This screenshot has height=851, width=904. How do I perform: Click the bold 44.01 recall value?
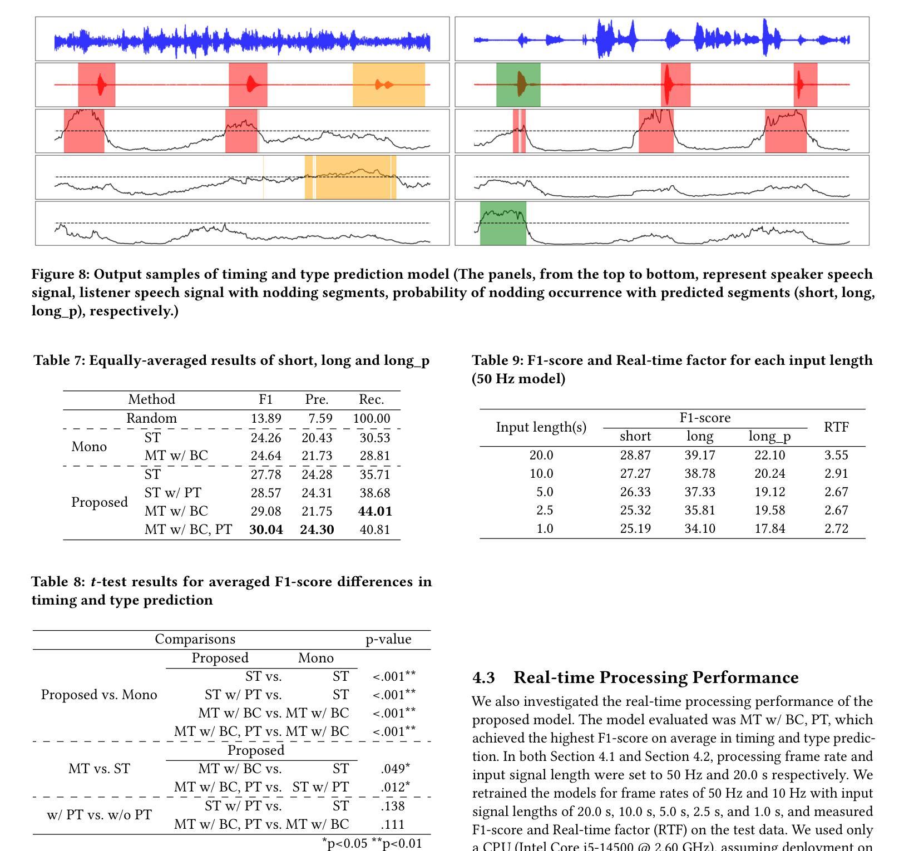pyautogui.click(x=375, y=511)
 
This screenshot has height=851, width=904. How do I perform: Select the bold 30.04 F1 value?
pyautogui.click(x=266, y=530)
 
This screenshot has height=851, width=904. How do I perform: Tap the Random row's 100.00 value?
pyautogui.click(x=372, y=418)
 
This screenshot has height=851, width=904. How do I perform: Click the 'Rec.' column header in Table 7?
pyautogui.click(x=371, y=399)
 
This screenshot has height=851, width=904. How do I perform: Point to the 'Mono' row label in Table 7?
pyautogui.click(x=89, y=447)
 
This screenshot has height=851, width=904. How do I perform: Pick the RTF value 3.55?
pyautogui.click(x=836, y=455)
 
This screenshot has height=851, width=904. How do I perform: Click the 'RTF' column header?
pyautogui.click(x=836, y=427)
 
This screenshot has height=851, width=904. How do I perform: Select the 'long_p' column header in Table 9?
pyautogui.click(x=769, y=437)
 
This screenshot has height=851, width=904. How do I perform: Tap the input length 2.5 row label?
pyautogui.click(x=545, y=510)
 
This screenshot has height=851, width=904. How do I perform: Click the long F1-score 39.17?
pyautogui.click(x=700, y=455)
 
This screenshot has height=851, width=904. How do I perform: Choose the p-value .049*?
pyautogui.click(x=396, y=768)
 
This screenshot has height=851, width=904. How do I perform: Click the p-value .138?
pyautogui.click(x=392, y=806)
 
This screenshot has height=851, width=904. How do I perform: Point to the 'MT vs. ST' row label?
pyautogui.click(x=99, y=769)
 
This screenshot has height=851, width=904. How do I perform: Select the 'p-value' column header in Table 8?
pyautogui.click(x=388, y=640)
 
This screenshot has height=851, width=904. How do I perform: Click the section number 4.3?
pyautogui.click(x=483, y=677)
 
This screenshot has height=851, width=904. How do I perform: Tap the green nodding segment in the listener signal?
pyautogui.click(x=518, y=85)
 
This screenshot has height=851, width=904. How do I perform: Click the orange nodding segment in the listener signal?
pyautogui.click(x=389, y=85)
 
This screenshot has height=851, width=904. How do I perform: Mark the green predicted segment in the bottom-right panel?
pyautogui.click(x=503, y=223)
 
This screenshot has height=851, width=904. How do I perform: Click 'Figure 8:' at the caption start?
pyautogui.click(x=61, y=275)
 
